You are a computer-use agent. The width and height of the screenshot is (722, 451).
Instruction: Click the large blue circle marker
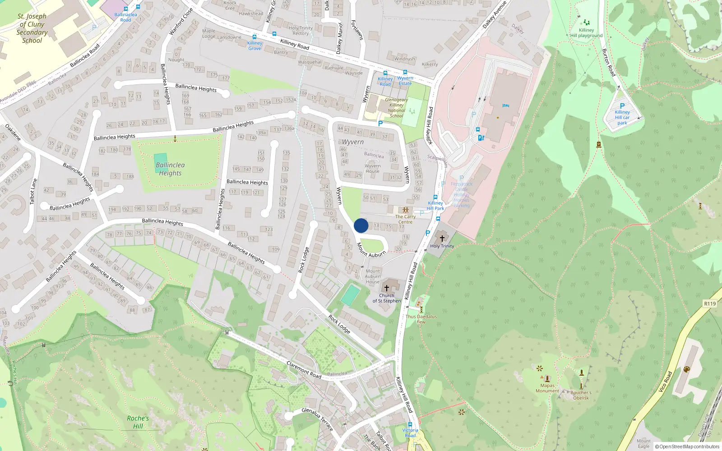pyautogui.click(x=361, y=225)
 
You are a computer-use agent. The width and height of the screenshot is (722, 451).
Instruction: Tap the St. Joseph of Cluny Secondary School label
pyautogui.click(x=32, y=28)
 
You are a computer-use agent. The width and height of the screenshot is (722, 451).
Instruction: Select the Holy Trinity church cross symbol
pyautogui.click(x=442, y=238)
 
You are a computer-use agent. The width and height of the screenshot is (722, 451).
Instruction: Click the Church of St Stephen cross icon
pyautogui.click(x=387, y=288)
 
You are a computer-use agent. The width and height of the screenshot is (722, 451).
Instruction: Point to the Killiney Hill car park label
pyautogui.click(x=622, y=117)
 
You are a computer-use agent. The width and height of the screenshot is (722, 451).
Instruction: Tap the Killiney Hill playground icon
pyautogui.click(x=586, y=22)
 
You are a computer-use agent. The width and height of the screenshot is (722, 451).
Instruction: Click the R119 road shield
pyautogui.click(x=710, y=304)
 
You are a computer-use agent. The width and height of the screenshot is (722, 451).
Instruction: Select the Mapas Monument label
pyautogui.click(x=547, y=388)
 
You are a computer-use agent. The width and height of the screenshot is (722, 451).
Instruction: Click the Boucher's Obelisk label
pyautogui.click(x=581, y=395)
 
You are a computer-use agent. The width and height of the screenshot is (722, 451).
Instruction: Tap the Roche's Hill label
pyautogui.click(x=138, y=422)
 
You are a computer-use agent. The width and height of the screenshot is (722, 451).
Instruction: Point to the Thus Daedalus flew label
pyautogui.click(x=421, y=319)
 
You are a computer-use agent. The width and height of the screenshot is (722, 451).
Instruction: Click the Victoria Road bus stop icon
pyautogui.click(x=410, y=424)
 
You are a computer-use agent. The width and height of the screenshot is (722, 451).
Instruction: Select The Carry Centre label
pyautogui.click(x=405, y=219)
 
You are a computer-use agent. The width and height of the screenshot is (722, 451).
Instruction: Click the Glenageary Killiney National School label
pyautogui.click(x=396, y=108)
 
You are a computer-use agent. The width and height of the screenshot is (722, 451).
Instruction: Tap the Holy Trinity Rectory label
pyautogui.click(x=301, y=31)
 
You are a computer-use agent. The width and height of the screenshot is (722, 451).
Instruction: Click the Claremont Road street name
pyautogui.click(x=304, y=370)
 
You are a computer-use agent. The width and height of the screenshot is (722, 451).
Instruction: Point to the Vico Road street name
pyautogui.click(x=665, y=381)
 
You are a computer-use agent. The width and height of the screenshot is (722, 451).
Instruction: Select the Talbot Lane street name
pyautogui.click(x=34, y=192)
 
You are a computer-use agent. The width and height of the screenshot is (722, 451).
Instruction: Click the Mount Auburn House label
pyautogui.click(x=373, y=276)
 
